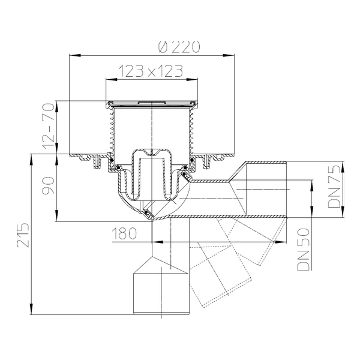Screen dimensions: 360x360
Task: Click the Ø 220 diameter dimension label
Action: click(179, 47)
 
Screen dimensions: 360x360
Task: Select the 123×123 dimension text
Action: click(151, 71)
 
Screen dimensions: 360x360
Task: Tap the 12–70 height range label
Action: click(49, 126)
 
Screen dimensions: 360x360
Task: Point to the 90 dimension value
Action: click(49, 185)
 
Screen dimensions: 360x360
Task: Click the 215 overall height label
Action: click(23, 235)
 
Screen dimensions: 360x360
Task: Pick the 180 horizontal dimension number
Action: click(124, 233)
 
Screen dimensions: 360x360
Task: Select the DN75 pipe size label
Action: click(334, 186)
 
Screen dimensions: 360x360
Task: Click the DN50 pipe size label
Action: click(304, 250)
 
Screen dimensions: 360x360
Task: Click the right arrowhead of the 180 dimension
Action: click(281, 242)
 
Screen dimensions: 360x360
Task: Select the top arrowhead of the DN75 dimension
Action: click(343, 167)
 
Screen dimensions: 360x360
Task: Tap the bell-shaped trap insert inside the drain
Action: click(152, 175)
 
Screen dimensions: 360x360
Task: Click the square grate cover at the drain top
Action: click(152, 104)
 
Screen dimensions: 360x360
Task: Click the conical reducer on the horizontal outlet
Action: click(238, 188)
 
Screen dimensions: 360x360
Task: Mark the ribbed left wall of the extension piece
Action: click(112, 133)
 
